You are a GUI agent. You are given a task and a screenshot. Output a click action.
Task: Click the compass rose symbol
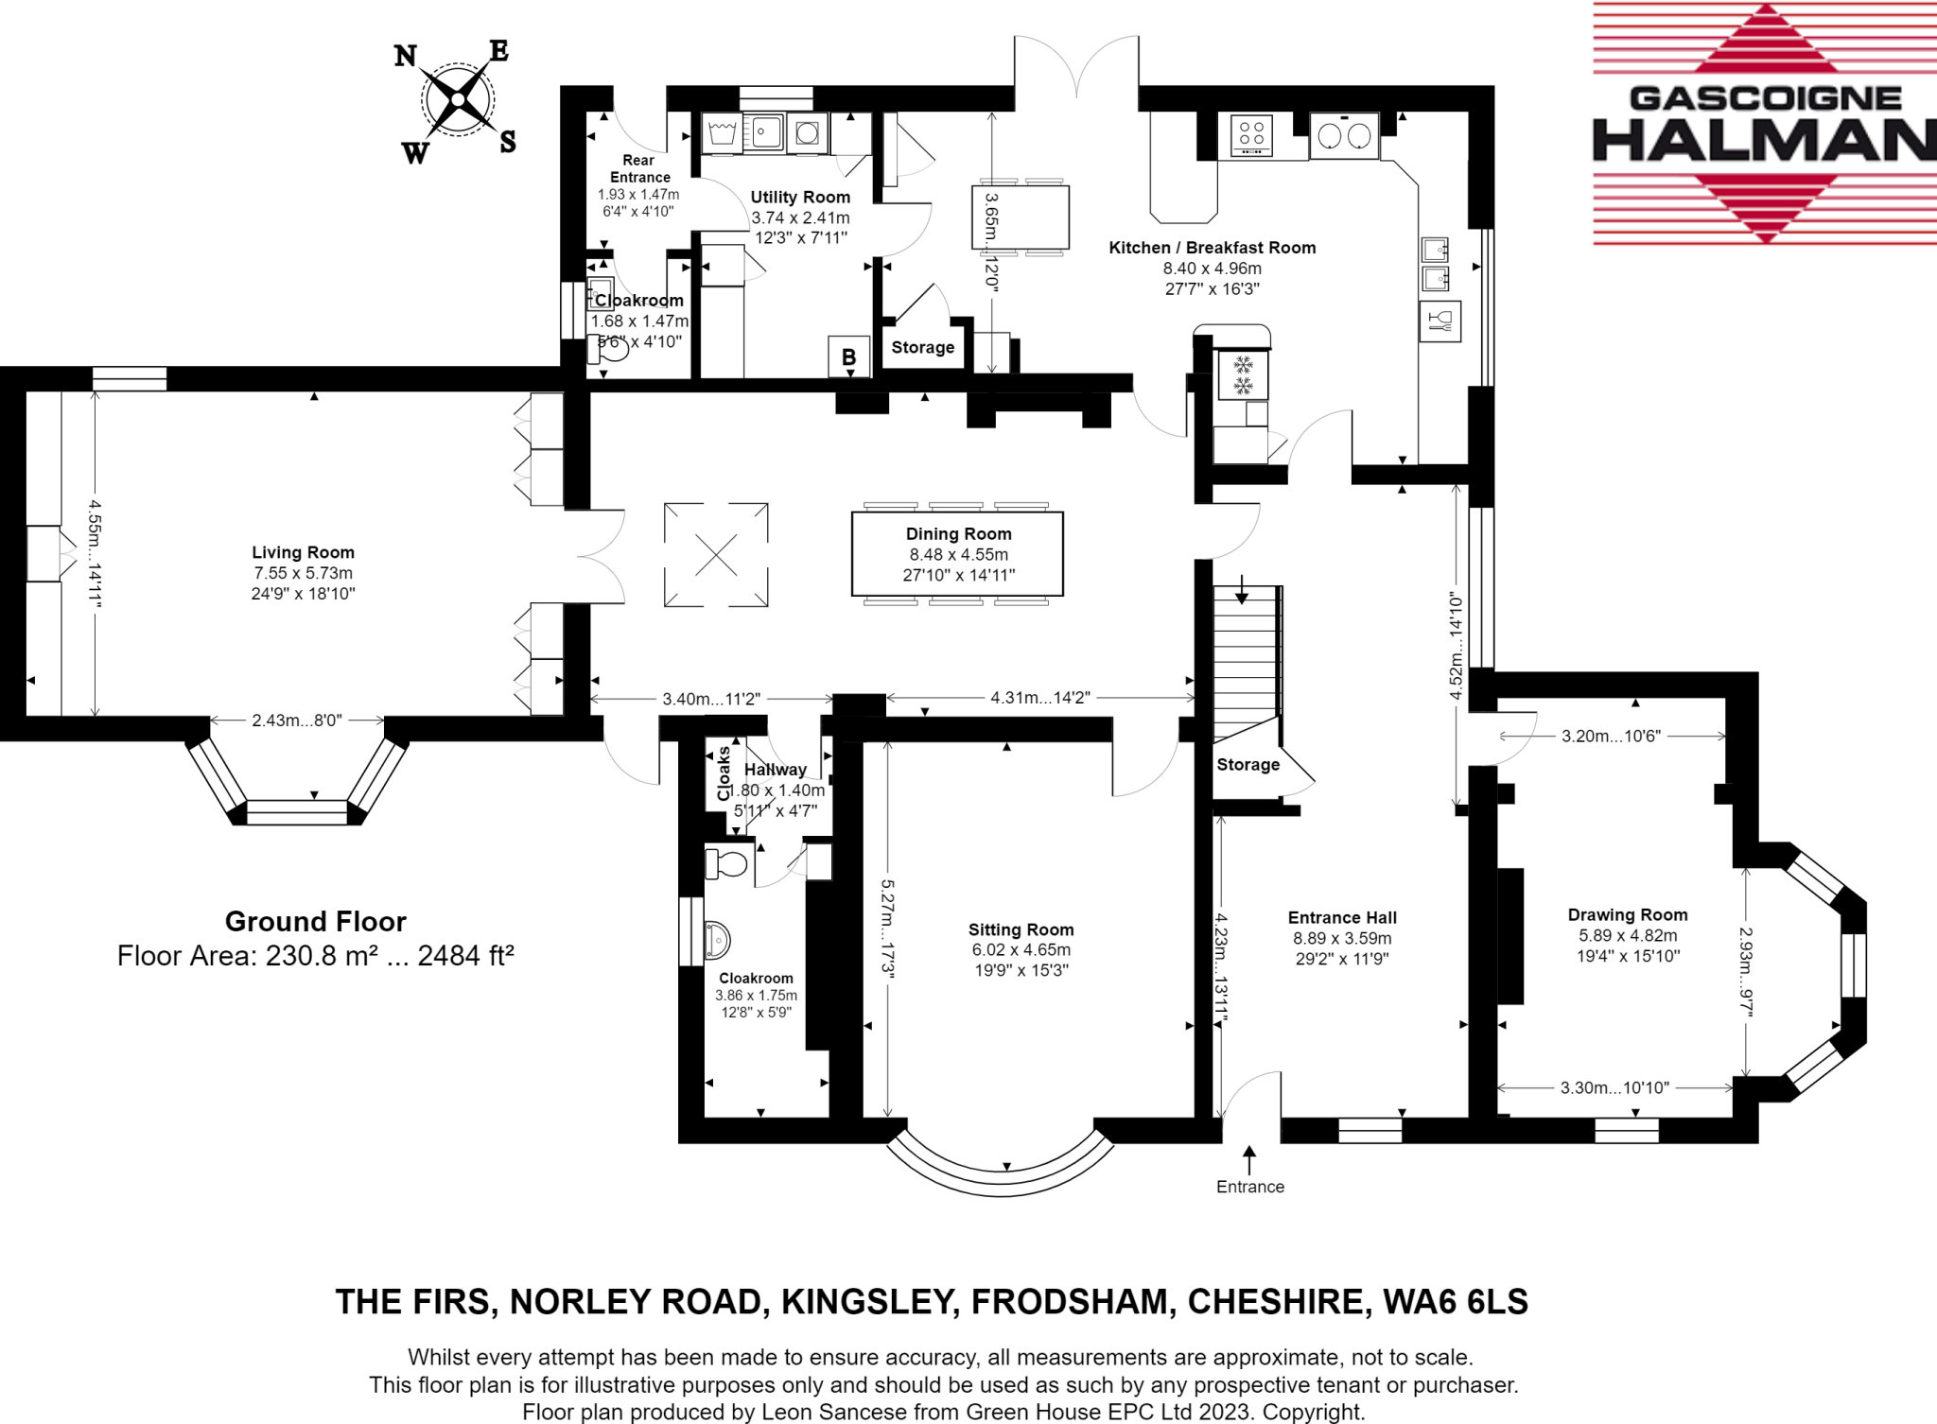tap(458, 99)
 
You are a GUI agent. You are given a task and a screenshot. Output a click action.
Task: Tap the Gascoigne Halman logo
tap(1763, 124)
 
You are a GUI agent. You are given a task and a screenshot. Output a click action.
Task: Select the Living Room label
tap(303, 552)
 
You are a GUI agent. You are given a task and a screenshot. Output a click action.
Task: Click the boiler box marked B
tap(848, 356)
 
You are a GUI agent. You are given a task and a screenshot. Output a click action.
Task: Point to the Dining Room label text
tap(958, 534)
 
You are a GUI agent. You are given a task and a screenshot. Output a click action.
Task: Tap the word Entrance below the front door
tap(1249, 1187)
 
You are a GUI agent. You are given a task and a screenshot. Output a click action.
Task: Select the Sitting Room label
tap(1021, 929)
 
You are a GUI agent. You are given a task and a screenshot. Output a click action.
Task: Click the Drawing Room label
tap(1627, 914)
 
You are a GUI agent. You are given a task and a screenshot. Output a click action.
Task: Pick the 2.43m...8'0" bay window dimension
tap(296, 721)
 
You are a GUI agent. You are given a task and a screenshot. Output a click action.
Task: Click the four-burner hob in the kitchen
tap(1251, 134)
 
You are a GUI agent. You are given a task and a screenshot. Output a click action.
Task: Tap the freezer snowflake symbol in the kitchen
tap(1243, 374)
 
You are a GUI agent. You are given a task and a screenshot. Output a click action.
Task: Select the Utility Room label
tap(800, 197)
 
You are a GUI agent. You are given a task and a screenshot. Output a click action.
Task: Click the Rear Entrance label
tap(639, 168)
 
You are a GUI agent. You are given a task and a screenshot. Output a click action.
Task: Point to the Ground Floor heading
tap(315, 921)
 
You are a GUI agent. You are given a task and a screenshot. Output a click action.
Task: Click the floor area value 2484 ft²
tap(465, 956)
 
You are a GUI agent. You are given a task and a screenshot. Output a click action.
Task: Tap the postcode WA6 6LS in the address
tap(1455, 1302)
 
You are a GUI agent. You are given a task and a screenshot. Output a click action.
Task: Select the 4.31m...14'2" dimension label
tap(1039, 698)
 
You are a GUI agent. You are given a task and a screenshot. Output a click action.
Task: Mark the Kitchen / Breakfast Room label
tap(1212, 248)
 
